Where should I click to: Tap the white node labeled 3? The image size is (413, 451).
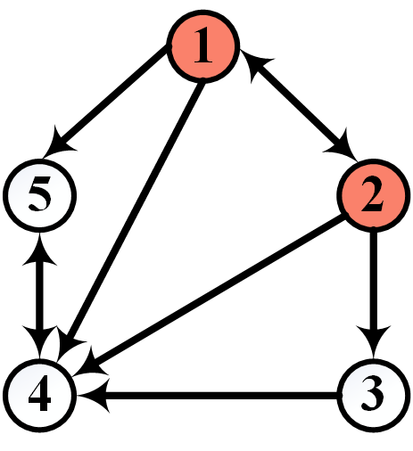[374, 391]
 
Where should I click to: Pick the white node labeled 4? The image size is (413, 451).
[38, 391]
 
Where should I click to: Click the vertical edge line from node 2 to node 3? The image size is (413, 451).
[374, 285]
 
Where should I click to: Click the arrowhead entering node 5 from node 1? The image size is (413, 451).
[65, 142]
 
